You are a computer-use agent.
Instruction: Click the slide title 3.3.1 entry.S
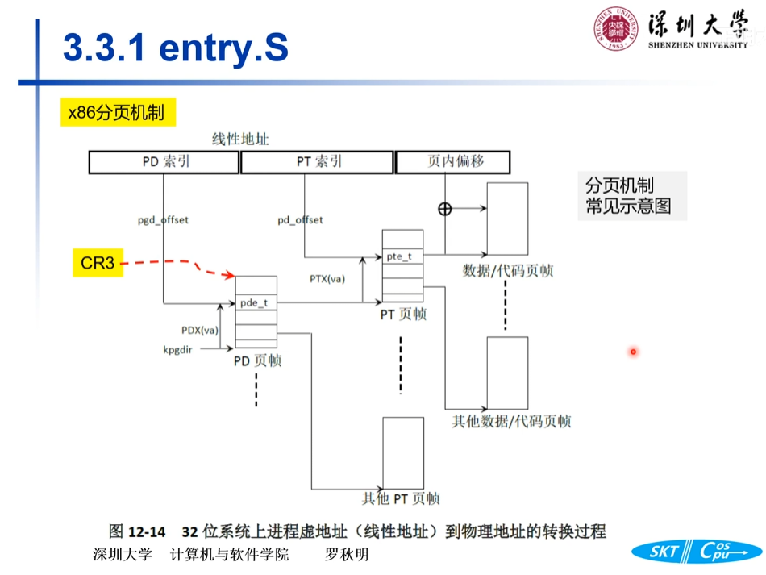point(175,49)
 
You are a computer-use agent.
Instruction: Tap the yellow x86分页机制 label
point(116,112)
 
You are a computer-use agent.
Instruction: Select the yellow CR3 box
point(98,263)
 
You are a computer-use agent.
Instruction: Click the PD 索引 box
point(164,162)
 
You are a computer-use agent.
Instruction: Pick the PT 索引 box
point(318,162)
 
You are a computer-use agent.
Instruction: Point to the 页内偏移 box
point(452,161)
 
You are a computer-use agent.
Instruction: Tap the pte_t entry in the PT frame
point(401,256)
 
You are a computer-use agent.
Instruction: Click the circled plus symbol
point(444,209)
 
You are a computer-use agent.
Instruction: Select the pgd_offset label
point(164,219)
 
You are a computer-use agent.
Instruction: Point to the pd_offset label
point(300,219)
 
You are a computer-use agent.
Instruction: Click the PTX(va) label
point(327,279)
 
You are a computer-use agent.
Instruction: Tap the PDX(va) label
point(199,330)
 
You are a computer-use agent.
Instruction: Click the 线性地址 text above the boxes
point(240,140)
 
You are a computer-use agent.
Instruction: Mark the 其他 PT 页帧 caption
point(401,499)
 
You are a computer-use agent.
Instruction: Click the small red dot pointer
point(634,352)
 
